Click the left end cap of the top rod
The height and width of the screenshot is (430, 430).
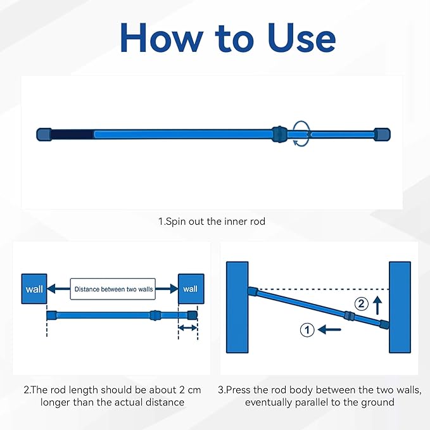[44, 134]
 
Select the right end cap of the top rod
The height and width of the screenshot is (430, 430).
[382, 134]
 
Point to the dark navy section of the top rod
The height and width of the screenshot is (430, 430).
[72, 134]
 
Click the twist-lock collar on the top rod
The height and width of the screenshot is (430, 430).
[279, 134]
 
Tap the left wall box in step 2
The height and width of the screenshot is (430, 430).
[34, 289]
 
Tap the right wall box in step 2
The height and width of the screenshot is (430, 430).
[191, 289]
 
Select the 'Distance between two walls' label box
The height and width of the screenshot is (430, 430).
[113, 289]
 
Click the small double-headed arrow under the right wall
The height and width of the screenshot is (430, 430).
[188, 327]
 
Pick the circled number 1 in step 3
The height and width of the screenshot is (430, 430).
[307, 330]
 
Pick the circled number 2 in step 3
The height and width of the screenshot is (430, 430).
[362, 303]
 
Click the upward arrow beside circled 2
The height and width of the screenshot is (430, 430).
[378, 305]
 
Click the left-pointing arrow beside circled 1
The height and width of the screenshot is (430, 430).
[329, 329]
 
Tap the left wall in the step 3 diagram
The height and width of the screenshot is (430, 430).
[237, 307]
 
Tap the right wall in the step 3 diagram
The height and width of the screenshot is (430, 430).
[400, 307]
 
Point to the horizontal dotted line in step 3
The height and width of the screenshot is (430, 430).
[324, 289]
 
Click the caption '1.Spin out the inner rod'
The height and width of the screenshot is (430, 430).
[212, 221]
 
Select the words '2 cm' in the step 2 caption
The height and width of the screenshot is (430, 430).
[191, 389]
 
